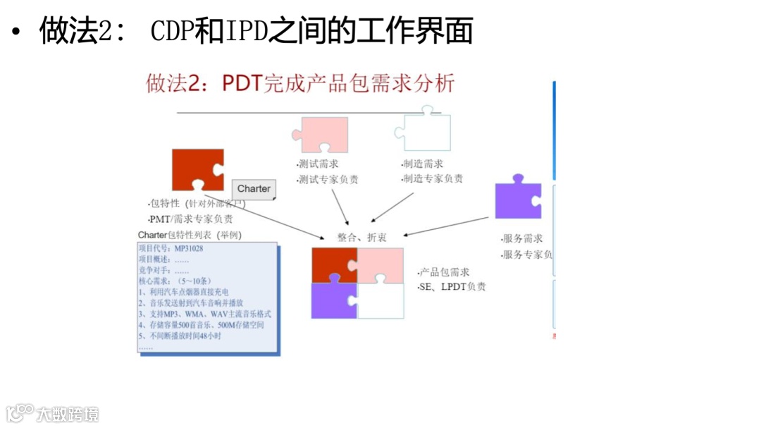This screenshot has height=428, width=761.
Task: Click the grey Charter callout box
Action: coord(254,189)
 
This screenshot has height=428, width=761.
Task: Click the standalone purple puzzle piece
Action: coord(518,200)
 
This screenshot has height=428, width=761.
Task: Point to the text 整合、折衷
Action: coord(361,238)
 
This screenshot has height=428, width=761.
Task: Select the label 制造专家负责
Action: coord(432,179)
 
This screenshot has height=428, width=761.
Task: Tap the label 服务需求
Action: coord(522,239)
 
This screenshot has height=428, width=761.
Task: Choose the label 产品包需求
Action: coord(444,272)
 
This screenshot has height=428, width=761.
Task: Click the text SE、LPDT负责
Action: coord(452,286)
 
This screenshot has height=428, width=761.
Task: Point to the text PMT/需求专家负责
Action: coord(191,219)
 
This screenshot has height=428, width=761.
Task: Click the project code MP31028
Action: coord(190,248)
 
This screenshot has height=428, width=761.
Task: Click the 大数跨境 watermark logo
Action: coord(52,413)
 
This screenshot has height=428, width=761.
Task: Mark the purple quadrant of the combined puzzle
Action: coord(334,300)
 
